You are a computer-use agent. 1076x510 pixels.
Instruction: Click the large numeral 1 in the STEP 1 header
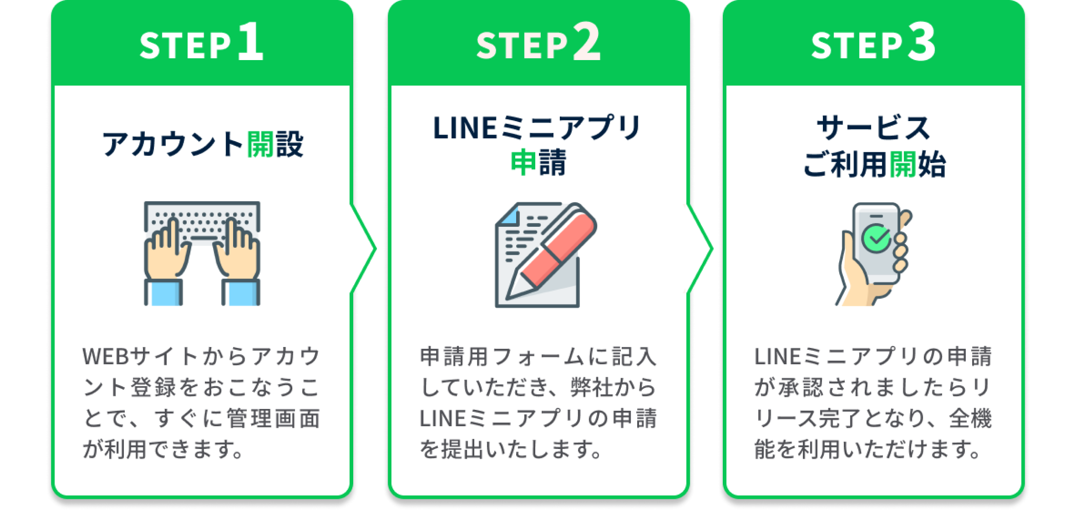251,42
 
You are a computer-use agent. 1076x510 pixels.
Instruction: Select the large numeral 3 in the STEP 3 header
921,42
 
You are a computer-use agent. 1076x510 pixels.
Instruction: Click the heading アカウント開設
202,144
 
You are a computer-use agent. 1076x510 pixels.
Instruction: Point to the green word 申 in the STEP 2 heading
524,163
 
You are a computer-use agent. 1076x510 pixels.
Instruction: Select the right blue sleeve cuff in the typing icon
241,293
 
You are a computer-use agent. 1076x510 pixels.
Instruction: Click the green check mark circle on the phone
876,238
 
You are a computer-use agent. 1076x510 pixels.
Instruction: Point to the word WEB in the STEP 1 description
105,357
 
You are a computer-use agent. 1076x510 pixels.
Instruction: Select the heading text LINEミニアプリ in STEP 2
538,129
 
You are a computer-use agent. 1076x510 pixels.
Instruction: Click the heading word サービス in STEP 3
874,129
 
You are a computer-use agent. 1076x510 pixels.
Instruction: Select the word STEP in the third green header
856,46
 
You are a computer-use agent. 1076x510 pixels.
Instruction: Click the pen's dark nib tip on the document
512,293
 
